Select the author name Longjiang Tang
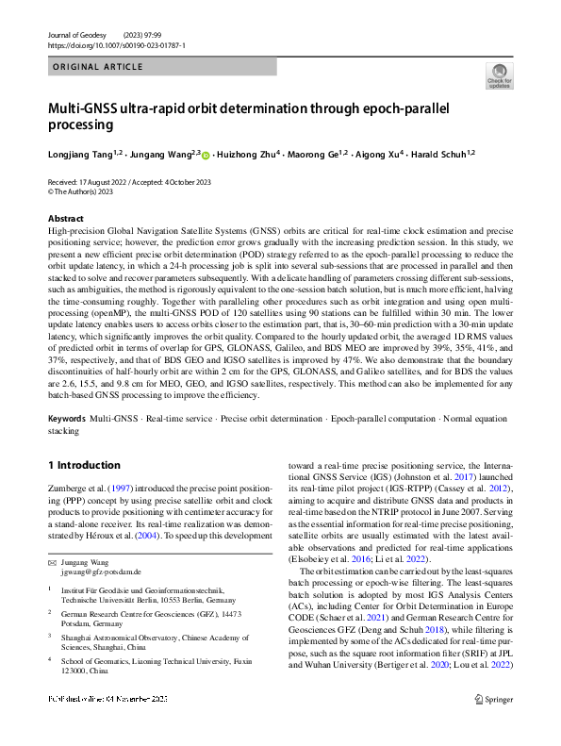coord(79,153)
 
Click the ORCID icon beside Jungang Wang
coord(206,154)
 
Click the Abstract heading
coord(65,219)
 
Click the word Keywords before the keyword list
coord(66,417)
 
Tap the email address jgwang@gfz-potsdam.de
coord(101,572)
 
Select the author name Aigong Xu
coord(376,153)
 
